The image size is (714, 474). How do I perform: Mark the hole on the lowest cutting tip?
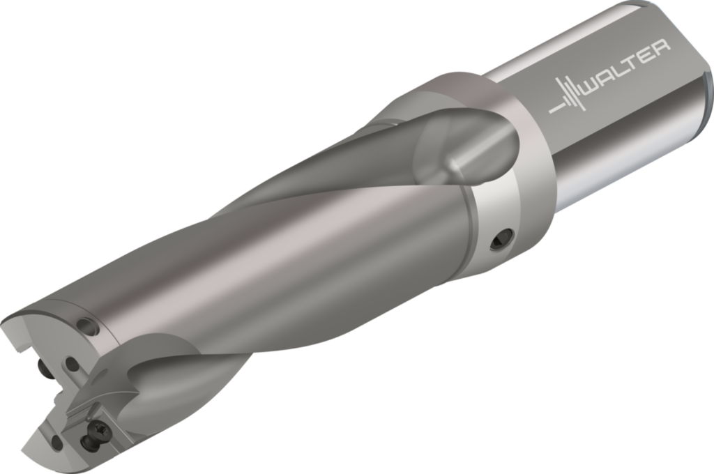[x=55, y=440]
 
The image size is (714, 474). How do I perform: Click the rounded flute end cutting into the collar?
[x=481, y=150]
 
